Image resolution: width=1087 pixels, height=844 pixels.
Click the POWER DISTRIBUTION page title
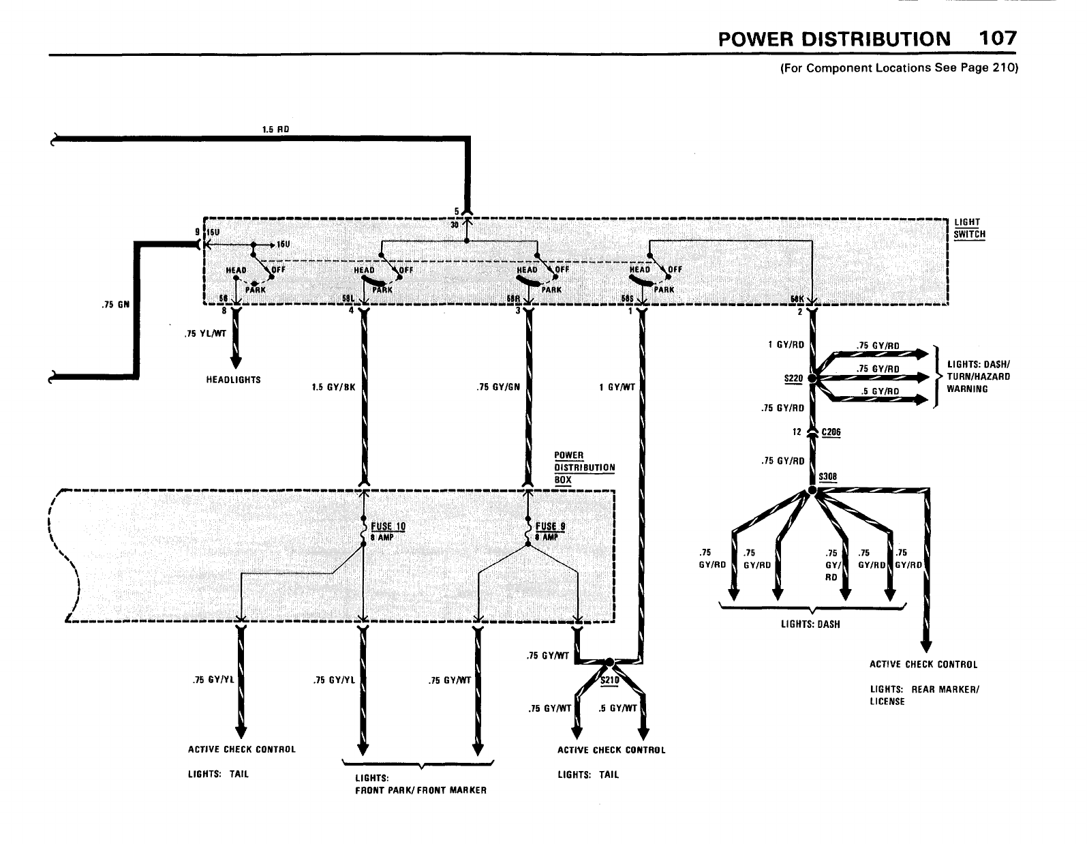point(834,39)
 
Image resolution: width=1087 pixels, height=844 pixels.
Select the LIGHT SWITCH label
point(969,228)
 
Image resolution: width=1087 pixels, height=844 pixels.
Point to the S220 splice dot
point(812,378)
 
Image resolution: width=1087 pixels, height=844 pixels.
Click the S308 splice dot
point(812,491)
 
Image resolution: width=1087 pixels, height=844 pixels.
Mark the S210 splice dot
point(610,662)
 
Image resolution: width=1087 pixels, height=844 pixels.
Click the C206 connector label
point(831,432)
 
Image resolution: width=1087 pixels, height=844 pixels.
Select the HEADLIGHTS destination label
point(233,380)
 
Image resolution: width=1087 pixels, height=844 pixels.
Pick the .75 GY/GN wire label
point(498,387)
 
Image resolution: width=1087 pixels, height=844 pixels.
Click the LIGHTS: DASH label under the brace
point(810,624)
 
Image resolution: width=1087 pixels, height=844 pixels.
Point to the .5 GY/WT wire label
point(617,708)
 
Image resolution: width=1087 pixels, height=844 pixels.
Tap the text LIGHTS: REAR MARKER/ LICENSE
point(924,695)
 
